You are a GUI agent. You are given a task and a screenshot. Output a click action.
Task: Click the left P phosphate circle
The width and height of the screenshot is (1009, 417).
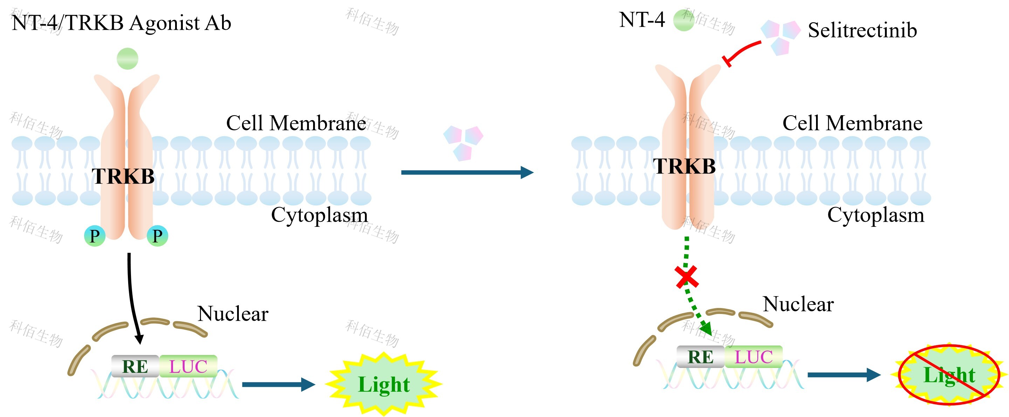tap(95, 236)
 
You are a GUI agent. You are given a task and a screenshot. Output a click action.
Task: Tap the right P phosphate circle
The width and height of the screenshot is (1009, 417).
tap(158, 236)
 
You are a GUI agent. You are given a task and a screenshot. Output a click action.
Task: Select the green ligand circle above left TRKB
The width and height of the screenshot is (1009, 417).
tap(127, 59)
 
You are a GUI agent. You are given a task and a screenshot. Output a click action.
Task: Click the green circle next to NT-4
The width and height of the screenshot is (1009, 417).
tap(684, 20)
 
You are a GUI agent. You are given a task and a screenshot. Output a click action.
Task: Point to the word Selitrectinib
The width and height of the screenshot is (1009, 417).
tap(862, 30)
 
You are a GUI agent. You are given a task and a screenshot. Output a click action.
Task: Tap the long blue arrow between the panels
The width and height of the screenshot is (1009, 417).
tap(466, 172)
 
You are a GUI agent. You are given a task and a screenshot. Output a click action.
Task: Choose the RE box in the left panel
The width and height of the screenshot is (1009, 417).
tap(135, 367)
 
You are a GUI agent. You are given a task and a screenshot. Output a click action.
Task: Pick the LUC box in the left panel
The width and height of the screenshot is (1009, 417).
tap(188, 367)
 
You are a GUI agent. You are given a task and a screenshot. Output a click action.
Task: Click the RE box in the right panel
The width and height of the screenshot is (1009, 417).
tap(700, 357)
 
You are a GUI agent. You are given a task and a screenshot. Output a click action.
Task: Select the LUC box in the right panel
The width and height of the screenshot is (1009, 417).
tap(753, 357)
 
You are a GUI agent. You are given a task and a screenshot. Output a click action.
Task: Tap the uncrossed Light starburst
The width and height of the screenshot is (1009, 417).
tap(384, 384)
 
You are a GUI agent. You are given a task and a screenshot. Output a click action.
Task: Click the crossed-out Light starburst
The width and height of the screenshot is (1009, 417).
tap(949, 375)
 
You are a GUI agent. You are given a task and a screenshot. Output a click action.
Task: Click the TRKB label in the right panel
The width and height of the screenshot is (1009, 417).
tap(684, 166)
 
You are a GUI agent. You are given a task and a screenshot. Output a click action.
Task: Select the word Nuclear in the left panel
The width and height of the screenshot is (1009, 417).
tap(233, 314)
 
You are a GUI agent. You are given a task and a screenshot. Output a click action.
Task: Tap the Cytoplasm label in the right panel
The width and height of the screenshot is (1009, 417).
tap(876, 215)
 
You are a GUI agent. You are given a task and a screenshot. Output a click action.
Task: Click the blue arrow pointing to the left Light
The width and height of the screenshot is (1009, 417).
tap(278, 384)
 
